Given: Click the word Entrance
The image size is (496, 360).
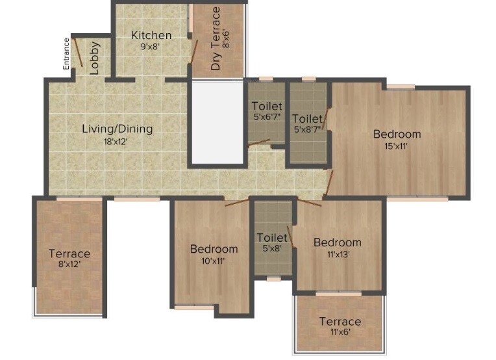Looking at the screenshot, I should (x=66, y=53).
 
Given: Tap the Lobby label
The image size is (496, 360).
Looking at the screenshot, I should (x=95, y=58).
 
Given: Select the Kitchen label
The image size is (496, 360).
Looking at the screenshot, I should (x=151, y=35).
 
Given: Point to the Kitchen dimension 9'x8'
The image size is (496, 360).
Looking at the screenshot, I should (x=150, y=47).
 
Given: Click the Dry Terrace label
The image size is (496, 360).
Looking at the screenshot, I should (x=216, y=39).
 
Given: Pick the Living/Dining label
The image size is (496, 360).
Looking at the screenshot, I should (x=117, y=129).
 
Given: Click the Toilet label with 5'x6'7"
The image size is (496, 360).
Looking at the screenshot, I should (x=267, y=106).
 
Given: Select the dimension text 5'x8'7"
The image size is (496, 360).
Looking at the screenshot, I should (x=308, y=130).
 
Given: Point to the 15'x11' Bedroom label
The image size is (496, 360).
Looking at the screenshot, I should (x=397, y=134).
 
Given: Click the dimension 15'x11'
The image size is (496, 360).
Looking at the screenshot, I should (x=397, y=146).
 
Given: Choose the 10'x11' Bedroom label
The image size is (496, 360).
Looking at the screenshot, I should (x=214, y=248).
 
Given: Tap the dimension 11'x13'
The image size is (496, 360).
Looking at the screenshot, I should (x=338, y=254).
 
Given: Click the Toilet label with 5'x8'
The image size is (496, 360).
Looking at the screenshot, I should (x=272, y=238).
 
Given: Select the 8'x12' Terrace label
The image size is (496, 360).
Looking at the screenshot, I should (x=69, y=253).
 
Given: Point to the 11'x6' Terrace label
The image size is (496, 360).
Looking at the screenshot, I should (x=340, y=322).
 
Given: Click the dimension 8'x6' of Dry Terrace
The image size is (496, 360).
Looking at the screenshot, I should (x=227, y=40).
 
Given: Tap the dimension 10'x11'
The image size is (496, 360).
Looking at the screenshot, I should (x=214, y=261).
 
